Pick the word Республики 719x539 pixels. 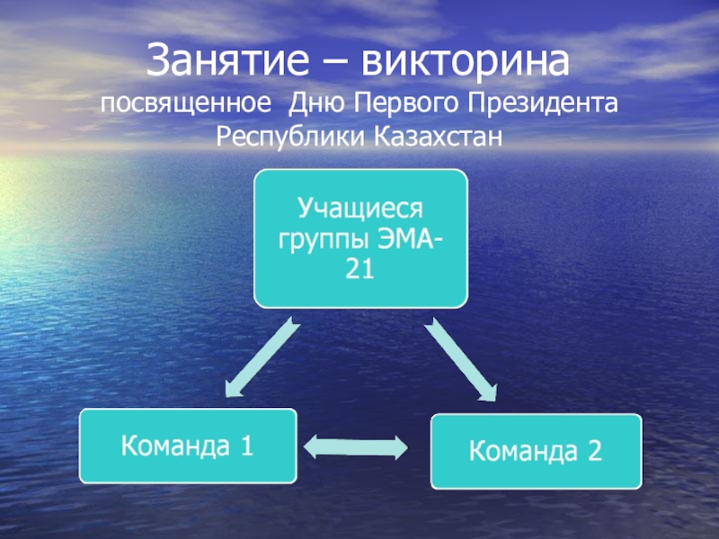286,138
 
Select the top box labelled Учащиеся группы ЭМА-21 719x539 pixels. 360,238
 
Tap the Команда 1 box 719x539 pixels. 188,446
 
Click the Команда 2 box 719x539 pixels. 537,451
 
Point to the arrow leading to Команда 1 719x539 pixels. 259,357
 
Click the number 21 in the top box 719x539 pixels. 359,268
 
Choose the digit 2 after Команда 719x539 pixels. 593,451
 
